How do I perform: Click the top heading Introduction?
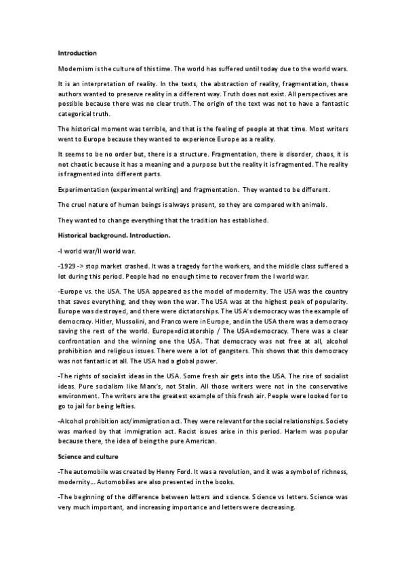coord(77,53)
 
